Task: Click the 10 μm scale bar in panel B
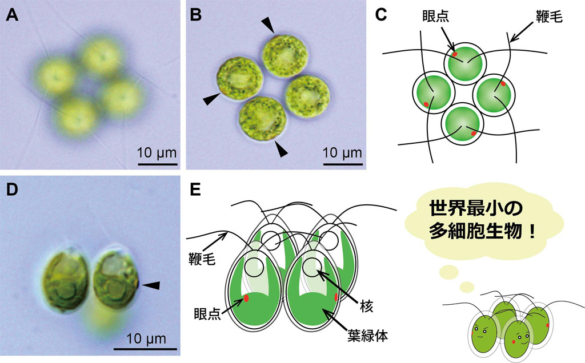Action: [x=343, y=164]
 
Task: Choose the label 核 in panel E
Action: [x=367, y=307]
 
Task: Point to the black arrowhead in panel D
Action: [x=150, y=284]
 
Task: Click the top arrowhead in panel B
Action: [x=267, y=24]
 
